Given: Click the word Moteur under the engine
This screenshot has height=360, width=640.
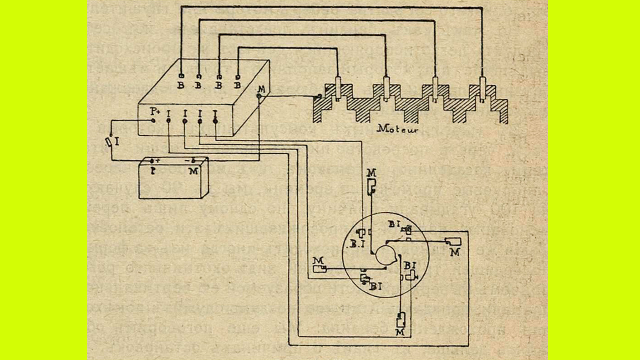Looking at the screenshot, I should pos(397,128).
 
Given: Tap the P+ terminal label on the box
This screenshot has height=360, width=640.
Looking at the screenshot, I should pos(155,111).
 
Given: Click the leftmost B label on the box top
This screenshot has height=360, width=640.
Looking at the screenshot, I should pos(180,85).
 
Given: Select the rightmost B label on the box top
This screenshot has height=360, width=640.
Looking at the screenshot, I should pos(237,85).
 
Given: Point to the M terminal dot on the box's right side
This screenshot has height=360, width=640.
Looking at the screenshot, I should pos(258,96).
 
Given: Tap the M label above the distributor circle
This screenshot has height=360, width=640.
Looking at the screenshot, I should pos(371,173).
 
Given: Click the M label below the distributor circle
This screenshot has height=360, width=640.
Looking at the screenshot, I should pos(400,332).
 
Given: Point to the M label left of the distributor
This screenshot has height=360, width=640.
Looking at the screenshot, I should pos(317,260).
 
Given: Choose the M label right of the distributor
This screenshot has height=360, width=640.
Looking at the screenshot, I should pos(454,252).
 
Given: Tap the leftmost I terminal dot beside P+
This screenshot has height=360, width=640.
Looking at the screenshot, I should pos(168,120).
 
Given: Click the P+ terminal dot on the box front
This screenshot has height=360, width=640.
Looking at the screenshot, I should pos(152,120).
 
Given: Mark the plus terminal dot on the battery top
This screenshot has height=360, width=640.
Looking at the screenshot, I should pos(152,161).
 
